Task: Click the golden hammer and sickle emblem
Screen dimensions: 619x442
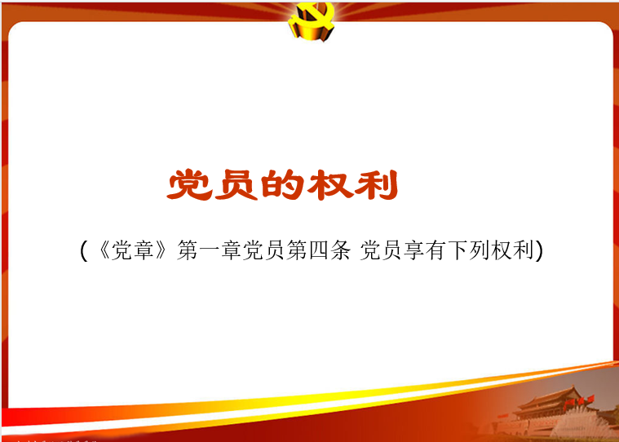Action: (x=311, y=20)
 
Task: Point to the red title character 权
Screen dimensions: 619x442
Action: (x=329, y=184)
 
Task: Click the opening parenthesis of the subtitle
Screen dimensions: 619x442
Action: (x=83, y=250)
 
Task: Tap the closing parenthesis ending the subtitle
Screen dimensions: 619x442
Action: (x=540, y=250)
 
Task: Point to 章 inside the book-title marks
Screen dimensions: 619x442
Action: (x=144, y=250)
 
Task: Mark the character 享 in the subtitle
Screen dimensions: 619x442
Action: (x=413, y=250)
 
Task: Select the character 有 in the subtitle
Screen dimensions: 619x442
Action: (x=436, y=250)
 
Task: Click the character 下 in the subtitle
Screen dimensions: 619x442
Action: (x=458, y=250)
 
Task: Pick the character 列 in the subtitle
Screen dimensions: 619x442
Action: (x=480, y=250)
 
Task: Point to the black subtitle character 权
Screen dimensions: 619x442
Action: (x=502, y=250)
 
